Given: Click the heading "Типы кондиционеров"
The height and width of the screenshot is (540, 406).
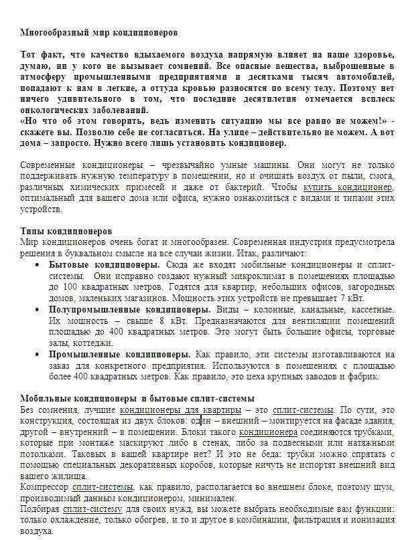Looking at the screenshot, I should coord(66,232).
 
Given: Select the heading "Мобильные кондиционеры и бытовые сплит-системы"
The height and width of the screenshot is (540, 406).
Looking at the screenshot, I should coord(128,398).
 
